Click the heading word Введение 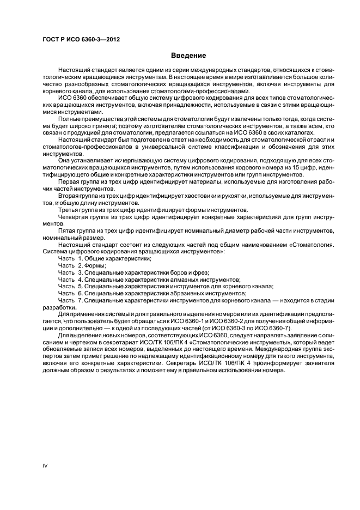coord(188,56)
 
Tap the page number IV coord(46,465)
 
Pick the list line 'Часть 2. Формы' coord(82,265)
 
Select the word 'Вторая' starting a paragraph coord(68,196)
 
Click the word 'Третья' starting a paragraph coord(68,209)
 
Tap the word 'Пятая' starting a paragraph coord(67,230)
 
